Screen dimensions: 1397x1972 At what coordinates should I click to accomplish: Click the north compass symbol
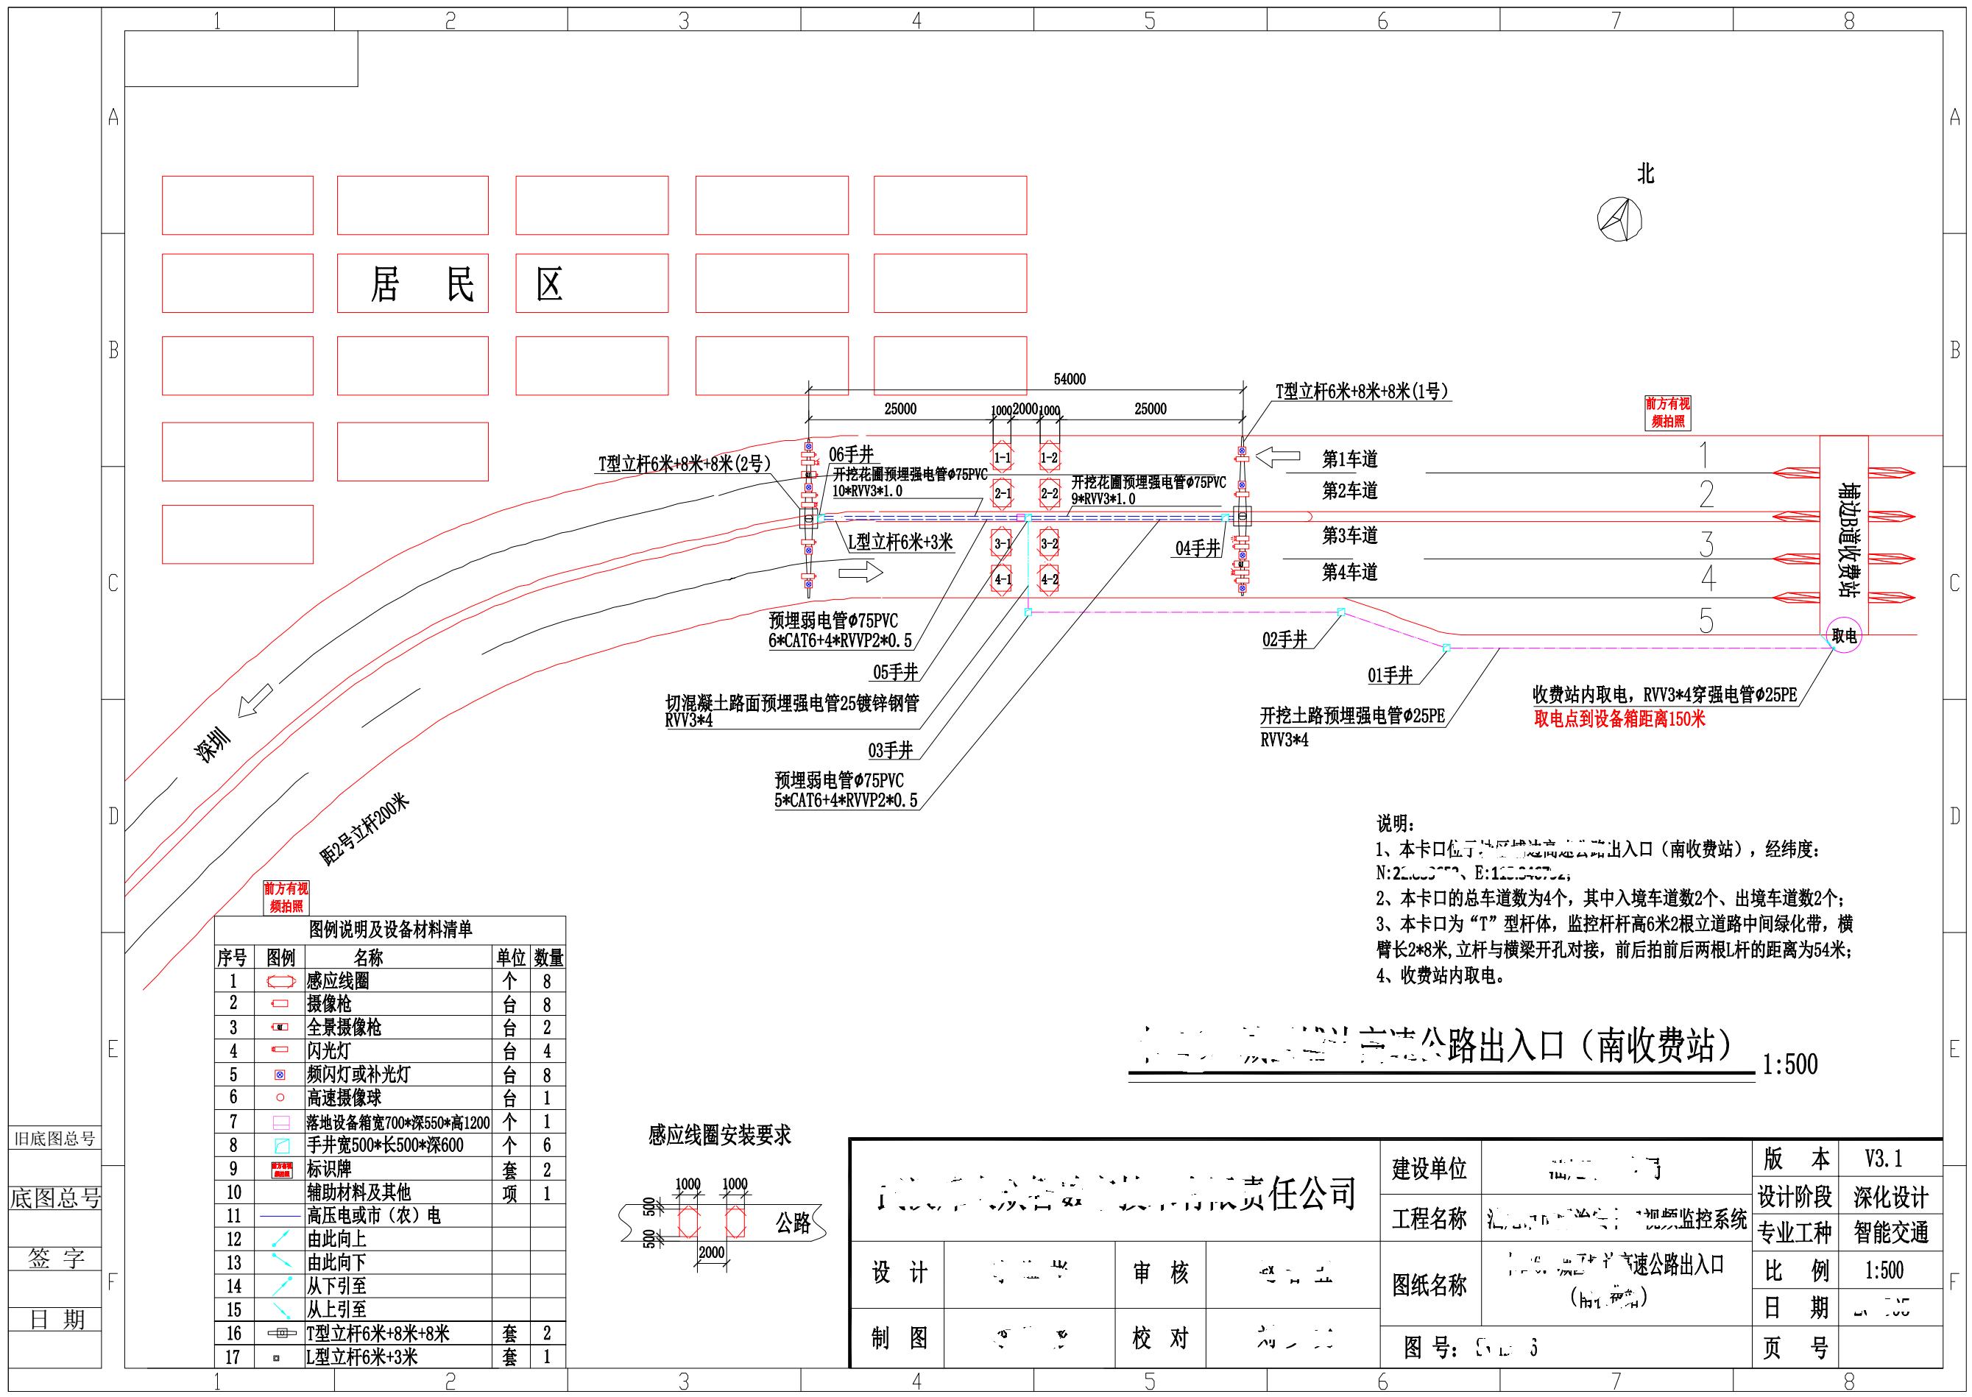[1619, 219]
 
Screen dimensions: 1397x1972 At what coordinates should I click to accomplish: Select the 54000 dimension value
[1070, 379]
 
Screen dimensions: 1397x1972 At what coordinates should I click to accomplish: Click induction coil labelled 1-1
[1003, 459]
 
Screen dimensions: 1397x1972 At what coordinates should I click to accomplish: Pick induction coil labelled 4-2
[1050, 580]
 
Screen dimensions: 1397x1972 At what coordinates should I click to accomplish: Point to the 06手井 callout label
[851, 455]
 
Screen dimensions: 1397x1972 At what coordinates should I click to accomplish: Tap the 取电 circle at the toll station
[1844, 636]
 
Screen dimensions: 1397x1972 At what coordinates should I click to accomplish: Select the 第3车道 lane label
[1349, 535]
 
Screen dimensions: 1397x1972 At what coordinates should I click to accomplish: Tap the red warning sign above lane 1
[1667, 413]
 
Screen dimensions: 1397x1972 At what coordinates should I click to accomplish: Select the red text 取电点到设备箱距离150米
[1619, 719]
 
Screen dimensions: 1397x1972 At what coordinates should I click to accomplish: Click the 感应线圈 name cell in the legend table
[338, 980]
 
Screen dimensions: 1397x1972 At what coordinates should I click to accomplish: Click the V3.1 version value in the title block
[1884, 1159]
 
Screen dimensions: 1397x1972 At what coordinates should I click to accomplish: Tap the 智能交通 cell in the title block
[1890, 1233]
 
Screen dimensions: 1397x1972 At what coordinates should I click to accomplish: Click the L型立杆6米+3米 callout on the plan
[900, 542]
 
